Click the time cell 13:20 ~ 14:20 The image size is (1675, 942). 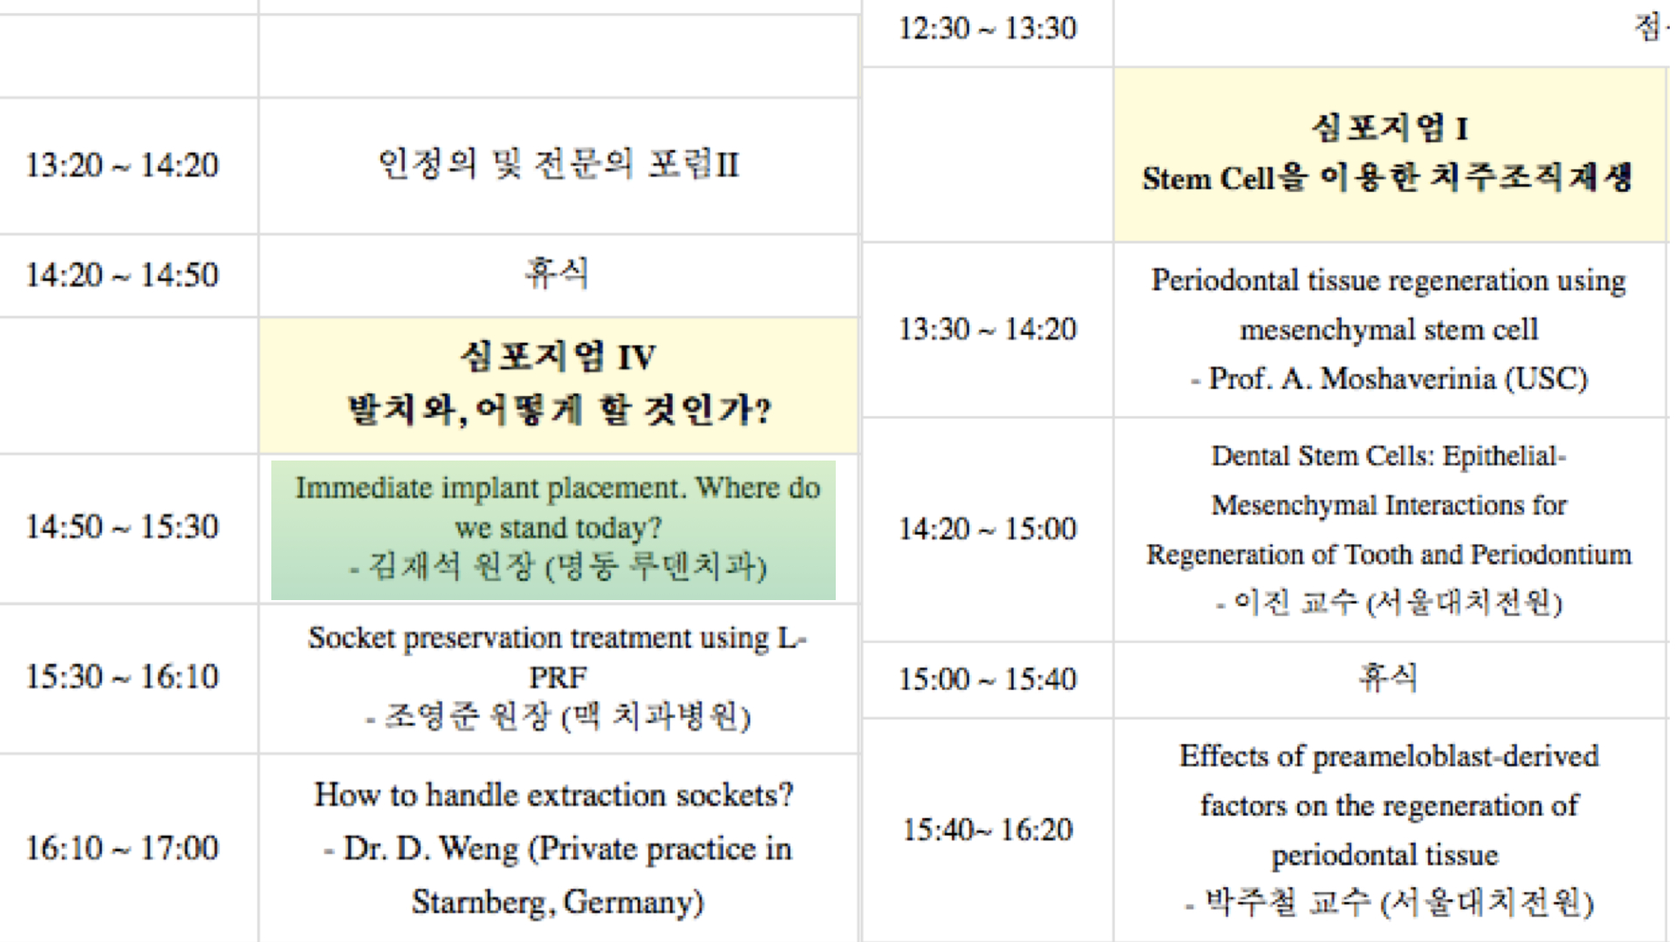pos(121,165)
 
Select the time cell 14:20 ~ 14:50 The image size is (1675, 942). pos(121,275)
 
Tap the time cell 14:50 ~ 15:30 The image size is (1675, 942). pos(121,526)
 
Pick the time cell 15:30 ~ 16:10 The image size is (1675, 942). pos(121,676)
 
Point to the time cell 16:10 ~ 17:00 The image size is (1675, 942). pos(121,847)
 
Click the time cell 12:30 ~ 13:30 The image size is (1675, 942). pos(988,28)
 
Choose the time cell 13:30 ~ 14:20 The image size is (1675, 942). pos(988,329)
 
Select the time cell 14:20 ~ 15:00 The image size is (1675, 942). pos(988,529)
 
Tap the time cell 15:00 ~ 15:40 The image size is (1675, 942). pos(988,679)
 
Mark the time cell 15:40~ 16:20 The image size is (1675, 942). pos(988,829)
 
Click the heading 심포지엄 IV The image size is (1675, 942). pos(558,356)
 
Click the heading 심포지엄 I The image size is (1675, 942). pos(1390,128)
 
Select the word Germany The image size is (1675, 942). pos(633,902)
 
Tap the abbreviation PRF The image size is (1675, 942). pos(558,678)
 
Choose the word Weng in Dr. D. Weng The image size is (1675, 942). pos(479,849)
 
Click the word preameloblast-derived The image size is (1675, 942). pos(1456,756)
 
